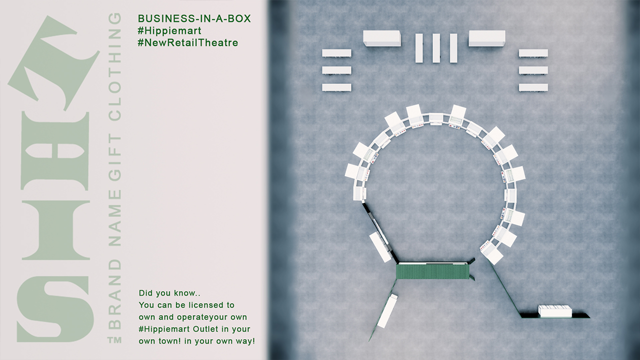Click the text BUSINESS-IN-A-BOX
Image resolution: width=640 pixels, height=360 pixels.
pos(194,18)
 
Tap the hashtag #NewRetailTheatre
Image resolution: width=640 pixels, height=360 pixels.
pos(187,42)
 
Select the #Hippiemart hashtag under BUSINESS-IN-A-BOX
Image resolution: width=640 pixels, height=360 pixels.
pos(169,30)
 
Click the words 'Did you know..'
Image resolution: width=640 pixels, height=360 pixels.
pos(169,293)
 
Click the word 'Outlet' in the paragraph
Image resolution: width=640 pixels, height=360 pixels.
pos(205,329)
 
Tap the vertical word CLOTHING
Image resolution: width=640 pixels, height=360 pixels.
pos(115,66)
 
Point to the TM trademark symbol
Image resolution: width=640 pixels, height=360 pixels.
pos(114,340)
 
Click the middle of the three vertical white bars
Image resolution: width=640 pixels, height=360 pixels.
pos(436,48)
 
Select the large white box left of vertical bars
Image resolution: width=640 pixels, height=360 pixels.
pos(382,38)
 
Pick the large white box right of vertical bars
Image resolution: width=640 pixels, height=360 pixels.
pos(487,38)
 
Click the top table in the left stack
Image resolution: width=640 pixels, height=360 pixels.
pos(336,53)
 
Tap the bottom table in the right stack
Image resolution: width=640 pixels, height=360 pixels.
pos(533,87)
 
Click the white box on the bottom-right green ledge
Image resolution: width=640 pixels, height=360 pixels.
pos(555,311)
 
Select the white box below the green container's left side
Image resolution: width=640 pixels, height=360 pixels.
pos(387,311)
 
